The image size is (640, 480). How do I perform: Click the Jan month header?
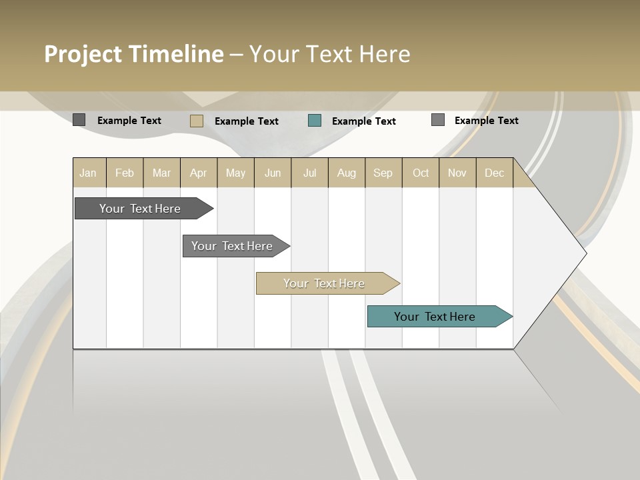point(88,173)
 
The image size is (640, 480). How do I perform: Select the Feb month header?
point(125,173)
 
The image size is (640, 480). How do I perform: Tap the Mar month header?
point(161,173)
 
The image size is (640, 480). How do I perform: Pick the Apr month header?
point(199,173)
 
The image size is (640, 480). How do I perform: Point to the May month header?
point(235,173)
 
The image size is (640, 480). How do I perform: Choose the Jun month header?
point(273,173)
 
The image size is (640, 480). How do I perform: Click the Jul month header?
point(309,173)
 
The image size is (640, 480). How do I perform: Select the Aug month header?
point(347,173)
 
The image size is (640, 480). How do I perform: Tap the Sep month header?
point(383,173)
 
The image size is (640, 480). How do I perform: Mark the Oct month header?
point(421,173)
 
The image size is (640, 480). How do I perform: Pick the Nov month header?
point(457,173)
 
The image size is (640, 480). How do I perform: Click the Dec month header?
point(495,173)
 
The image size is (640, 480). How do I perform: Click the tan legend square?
point(196,121)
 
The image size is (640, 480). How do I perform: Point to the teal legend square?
point(315,121)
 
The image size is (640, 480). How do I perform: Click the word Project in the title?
point(83,54)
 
